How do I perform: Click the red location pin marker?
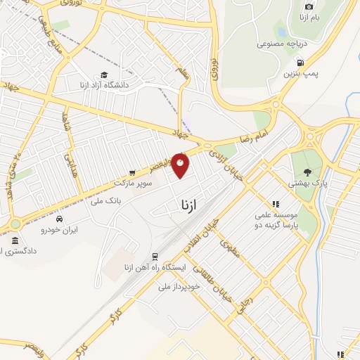tap(181, 165)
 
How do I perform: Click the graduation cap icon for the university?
tap(104, 75)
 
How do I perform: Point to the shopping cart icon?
tap(131, 172)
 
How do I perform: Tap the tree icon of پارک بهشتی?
tap(307, 172)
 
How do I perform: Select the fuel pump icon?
tap(288, 63)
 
